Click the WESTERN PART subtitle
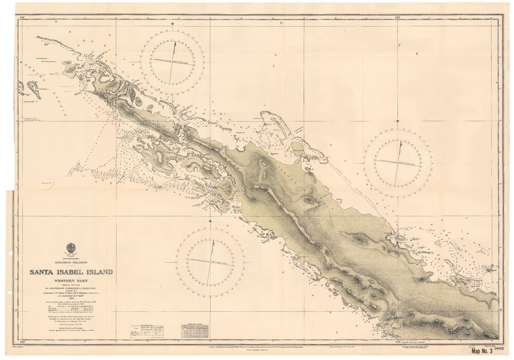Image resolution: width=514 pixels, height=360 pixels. tap(71, 281)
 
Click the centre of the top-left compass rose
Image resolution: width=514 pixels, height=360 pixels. tap(172, 62)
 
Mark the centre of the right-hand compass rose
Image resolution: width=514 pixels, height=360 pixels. tap(398, 163)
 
